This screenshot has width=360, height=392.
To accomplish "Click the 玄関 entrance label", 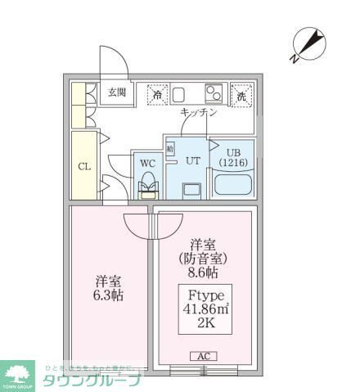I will coord(116,93).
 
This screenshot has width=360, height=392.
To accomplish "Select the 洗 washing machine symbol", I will coord(242,94).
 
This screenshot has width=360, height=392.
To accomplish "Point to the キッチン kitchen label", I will coord(198,113).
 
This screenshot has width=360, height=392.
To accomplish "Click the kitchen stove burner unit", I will coord(214,92).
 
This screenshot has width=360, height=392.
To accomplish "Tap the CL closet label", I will coord(84,167).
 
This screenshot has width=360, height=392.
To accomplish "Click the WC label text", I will coord(147,163).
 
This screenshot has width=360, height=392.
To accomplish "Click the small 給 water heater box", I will coord(170,149).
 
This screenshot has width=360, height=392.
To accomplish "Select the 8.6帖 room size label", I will coord(202,273).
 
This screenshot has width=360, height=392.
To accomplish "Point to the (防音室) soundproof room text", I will coord(202,259).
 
